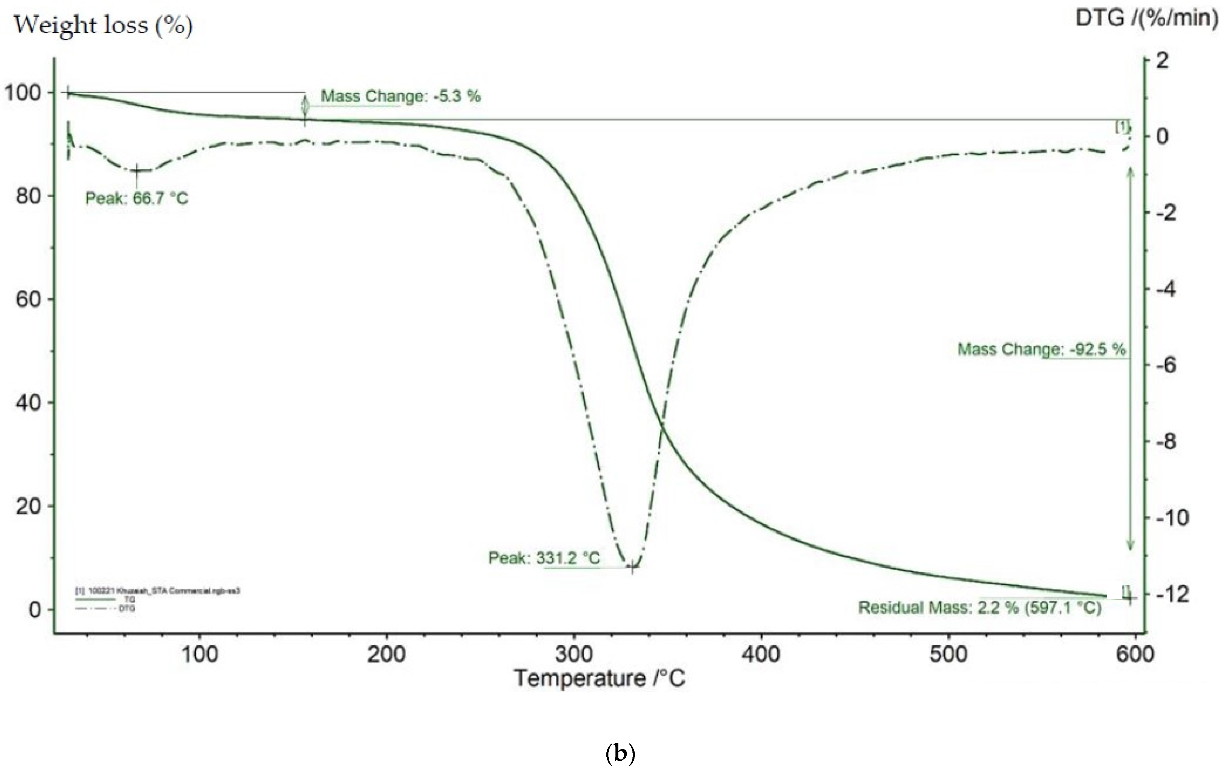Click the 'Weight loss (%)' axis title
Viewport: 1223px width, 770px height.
tap(103, 26)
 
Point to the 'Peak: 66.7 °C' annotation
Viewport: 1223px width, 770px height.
tap(136, 198)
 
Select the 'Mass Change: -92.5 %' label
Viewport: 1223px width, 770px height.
tap(1041, 350)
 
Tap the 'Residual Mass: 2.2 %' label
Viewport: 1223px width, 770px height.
tap(979, 608)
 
